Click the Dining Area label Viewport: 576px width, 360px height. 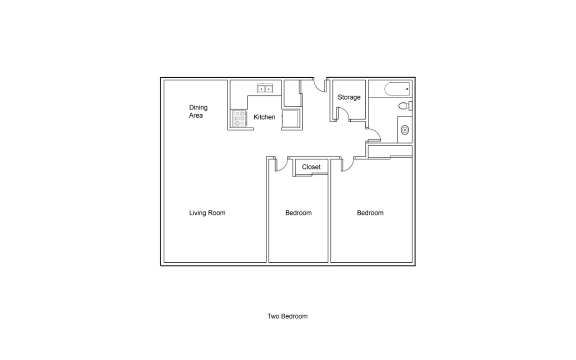pyautogui.click(x=198, y=111)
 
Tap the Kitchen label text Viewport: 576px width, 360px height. pyautogui.click(x=264, y=117)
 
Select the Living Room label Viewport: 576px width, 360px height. pyautogui.click(x=207, y=213)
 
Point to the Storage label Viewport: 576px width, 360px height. pyautogui.click(x=349, y=97)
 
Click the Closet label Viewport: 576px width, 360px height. pyautogui.click(x=311, y=167)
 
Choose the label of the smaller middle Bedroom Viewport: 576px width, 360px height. pyautogui.click(x=298, y=213)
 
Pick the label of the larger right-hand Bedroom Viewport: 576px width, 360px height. pyautogui.click(x=370, y=213)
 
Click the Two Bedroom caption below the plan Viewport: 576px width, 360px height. pyautogui.click(x=287, y=316)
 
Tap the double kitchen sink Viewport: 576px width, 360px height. pyautogui.click(x=264, y=89)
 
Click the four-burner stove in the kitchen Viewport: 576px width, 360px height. pyautogui.click(x=239, y=119)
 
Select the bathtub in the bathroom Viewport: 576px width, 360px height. pyautogui.click(x=397, y=89)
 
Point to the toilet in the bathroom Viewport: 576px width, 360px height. pyautogui.click(x=404, y=106)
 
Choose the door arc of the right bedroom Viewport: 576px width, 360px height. pyautogui.click(x=348, y=165)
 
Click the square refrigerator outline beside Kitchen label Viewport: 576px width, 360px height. pyautogui.click(x=291, y=119)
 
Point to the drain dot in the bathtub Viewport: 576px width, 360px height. pyautogui.click(x=407, y=89)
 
